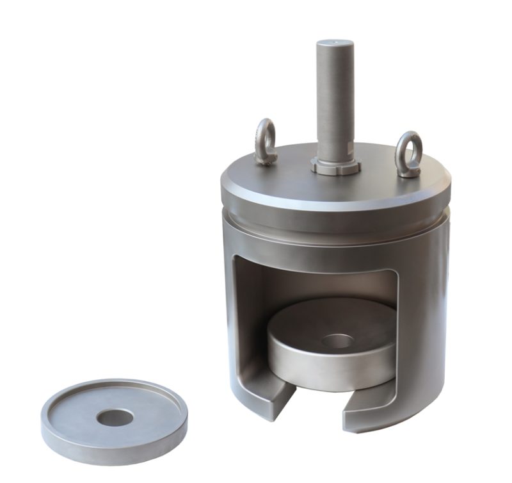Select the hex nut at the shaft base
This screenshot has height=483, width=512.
(335, 165)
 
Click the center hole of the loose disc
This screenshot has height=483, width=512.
(115, 418)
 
